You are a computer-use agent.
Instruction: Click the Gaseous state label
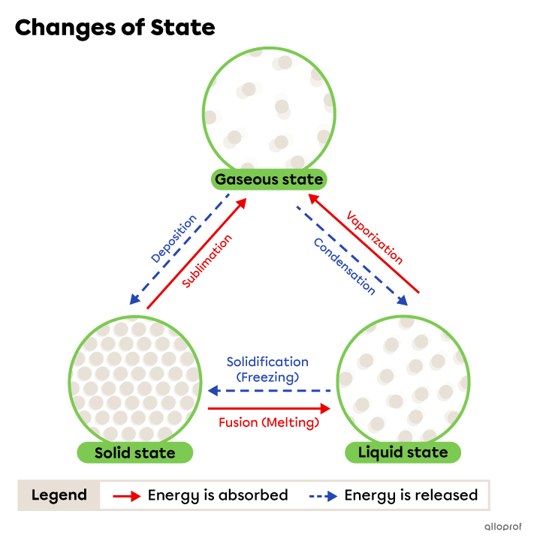[269, 179]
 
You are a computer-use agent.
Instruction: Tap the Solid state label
[134, 452]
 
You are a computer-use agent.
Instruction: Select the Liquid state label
[403, 452]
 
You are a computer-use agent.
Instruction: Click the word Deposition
[173, 239]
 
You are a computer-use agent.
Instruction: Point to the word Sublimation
[207, 260]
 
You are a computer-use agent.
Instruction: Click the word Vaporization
[375, 237]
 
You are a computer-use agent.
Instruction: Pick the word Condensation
[344, 266]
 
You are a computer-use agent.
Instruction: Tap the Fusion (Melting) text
[269, 422]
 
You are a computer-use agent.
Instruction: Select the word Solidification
[267, 362]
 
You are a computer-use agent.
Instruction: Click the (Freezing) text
[267, 377]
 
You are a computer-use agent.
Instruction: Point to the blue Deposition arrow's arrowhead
[134, 299]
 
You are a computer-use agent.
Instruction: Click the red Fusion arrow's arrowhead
[325, 408]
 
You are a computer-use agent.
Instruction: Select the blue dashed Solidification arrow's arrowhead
[213, 391]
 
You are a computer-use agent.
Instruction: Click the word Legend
[59, 495]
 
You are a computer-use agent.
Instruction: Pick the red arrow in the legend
[126, 496]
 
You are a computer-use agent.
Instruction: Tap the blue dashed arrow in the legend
[322, 496]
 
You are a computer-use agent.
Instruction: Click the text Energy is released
[411, 495]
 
